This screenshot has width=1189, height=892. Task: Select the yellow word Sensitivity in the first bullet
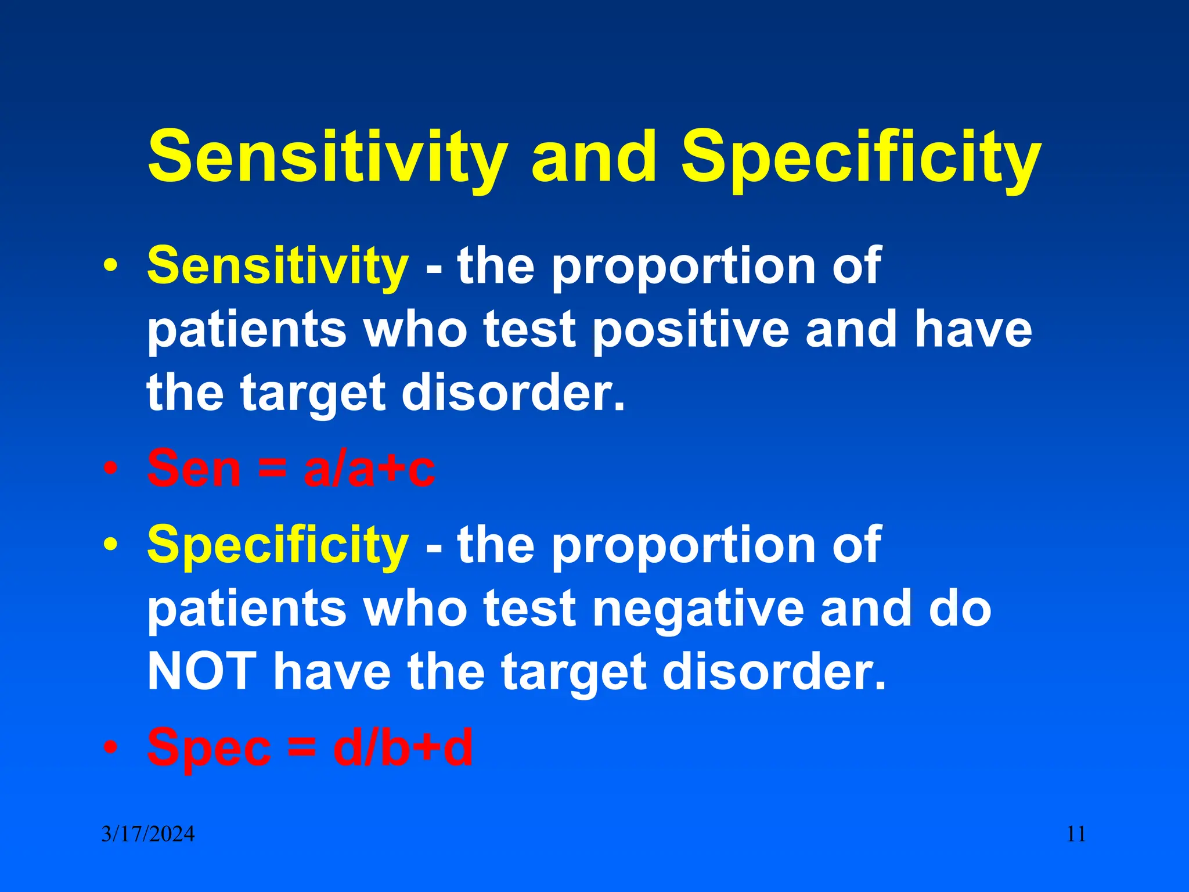[278, 266]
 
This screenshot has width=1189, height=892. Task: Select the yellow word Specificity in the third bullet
[278, 545]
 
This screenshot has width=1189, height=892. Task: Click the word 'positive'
[691, 330]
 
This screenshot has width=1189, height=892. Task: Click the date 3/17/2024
[148, 835]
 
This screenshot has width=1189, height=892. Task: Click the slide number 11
[1076, 835]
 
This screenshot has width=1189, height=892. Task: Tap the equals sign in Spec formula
[302, 747]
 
